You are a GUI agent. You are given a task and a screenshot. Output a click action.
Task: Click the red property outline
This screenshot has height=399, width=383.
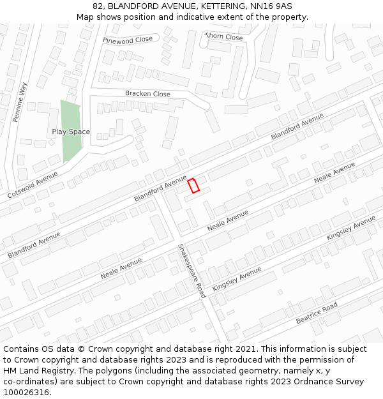coord(194,186)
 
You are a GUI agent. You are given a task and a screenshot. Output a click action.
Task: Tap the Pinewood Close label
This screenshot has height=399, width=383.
coord(128,40)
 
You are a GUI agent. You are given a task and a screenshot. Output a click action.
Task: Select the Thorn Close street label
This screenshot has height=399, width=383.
coord(224,37)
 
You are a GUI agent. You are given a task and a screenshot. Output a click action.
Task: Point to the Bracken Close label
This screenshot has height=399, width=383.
coord(147,94)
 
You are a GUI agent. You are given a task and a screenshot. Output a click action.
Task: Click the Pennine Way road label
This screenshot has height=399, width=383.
coord(20,102)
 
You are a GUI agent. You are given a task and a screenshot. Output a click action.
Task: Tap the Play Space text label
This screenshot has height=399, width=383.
coord(71,132)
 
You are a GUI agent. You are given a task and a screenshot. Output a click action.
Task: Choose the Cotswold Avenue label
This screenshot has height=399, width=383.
coord(33,183)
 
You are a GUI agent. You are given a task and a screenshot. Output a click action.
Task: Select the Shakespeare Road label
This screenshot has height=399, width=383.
coord(191,271)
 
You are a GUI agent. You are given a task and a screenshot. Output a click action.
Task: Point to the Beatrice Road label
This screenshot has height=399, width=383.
coord(317,313)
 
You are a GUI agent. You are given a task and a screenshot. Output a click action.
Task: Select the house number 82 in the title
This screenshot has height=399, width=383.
coord(98,6)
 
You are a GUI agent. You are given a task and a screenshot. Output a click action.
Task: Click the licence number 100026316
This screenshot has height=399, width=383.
coord(26,393)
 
